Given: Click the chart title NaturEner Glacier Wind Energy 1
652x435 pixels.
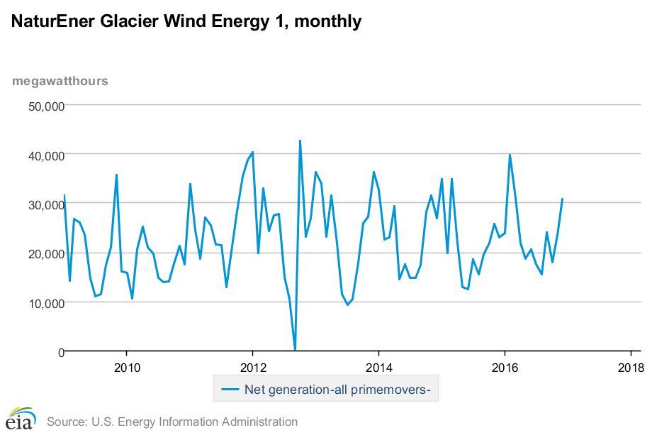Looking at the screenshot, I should pos(186,22).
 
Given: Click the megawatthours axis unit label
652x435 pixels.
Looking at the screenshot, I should pos(60,80).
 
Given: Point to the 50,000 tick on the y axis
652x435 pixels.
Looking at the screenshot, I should pos(45,106).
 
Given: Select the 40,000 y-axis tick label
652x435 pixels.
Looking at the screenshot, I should pos(45,155).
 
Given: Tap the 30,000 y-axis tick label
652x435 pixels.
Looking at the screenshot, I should pos(45,204).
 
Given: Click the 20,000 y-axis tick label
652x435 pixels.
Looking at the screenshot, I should pos(45,253).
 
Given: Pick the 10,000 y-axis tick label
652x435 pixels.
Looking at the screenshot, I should pos(45,303).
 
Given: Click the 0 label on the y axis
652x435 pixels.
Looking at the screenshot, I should pos(60,352).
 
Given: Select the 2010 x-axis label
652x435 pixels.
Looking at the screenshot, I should pos(126,368).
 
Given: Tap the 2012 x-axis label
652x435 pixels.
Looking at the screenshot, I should pos(252,368).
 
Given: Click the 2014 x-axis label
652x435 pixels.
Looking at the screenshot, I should pos(378,368).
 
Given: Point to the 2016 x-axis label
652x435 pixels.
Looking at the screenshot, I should pos(505,368).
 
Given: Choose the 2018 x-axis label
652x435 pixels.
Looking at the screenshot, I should pos(630,368).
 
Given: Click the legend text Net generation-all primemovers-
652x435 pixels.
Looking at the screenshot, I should pos(338,389).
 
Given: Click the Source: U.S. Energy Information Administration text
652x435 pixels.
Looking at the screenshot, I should pos(172,422).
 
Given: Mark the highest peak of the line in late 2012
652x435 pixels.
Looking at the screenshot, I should pos(300,141).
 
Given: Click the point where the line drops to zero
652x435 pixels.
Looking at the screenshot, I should pos(295,350).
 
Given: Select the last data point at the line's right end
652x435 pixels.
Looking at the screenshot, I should pos(562,199).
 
